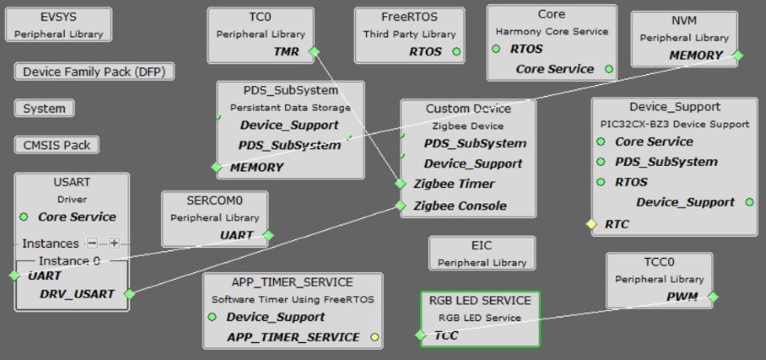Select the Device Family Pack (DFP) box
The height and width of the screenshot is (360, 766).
(x=94, y=72)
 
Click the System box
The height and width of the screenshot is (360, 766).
(x=44, y=109)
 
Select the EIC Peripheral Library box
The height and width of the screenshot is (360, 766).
(x=482, y=253)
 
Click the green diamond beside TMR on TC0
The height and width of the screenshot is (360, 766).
(x=314, y=52)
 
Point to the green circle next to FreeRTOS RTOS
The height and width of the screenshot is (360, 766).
(x=457, y=52)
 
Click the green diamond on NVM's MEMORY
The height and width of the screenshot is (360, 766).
(x=737, y=55)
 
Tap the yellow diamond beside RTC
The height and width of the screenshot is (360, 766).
(x=591, y=225)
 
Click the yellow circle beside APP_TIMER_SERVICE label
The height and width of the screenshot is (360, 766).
(x=374, y=338)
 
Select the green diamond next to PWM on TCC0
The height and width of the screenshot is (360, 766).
(x=712, y=297)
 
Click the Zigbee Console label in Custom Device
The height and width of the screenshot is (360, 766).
(x=460, y=206)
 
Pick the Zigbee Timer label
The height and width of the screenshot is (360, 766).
(x=454, y=184)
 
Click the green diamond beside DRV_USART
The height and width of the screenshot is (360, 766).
(x=129, y=294)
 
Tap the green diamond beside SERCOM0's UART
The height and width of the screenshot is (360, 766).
(x=267, y=235)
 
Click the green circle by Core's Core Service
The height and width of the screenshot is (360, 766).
(x=608, y=69)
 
